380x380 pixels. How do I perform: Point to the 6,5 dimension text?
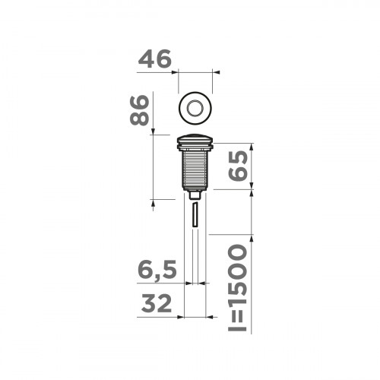click(158, 269)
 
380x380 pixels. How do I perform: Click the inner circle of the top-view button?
click(195, 108)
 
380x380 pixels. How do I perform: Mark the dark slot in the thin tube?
click(195, 215)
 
